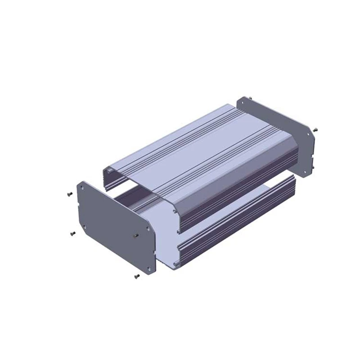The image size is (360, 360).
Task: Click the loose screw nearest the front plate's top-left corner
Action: [69, 193]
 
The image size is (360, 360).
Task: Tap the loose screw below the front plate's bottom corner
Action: [137, 275]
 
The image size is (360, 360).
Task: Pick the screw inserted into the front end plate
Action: [136, 235]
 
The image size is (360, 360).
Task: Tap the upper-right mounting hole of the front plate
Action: [148, 228]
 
